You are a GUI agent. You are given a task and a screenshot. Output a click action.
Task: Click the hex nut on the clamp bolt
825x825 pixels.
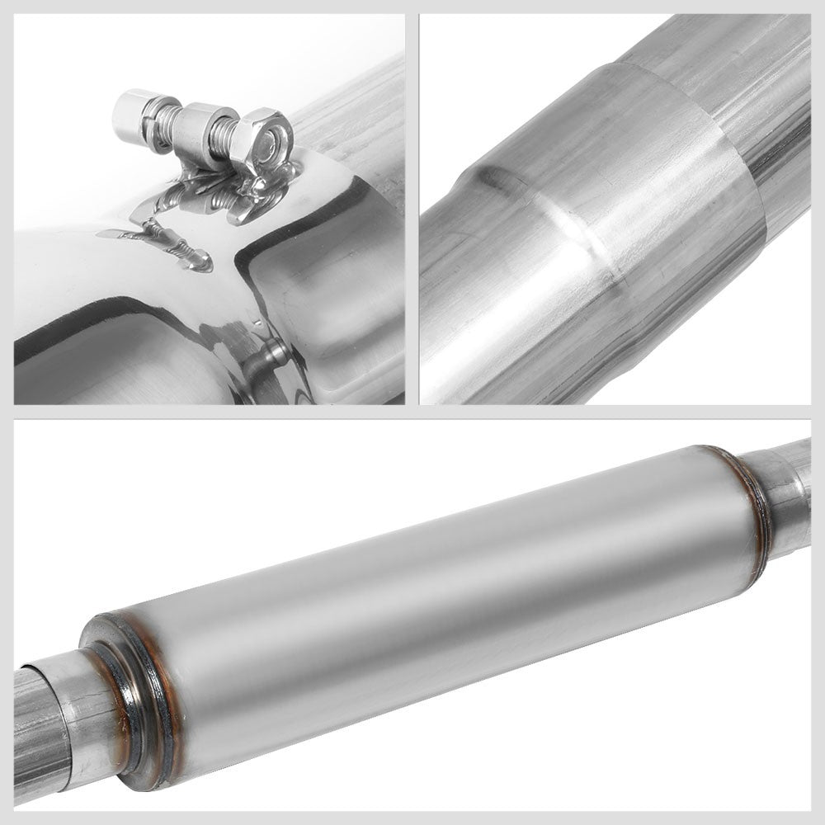tap(263, 140)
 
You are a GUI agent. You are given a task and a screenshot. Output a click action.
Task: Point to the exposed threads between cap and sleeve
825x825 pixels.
tap(163, 121)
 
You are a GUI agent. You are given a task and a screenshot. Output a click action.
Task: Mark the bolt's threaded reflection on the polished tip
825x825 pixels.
tap(169, 243)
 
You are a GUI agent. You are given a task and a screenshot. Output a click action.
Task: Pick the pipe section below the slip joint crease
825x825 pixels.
tap(470, 330)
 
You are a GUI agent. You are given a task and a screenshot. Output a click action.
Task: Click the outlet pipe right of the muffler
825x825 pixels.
tap(788, 495)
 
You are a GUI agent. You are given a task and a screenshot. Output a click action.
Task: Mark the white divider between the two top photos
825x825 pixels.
tap(412, 206)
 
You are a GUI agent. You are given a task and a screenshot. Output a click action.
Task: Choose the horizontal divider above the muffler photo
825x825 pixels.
tap(412, 412)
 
